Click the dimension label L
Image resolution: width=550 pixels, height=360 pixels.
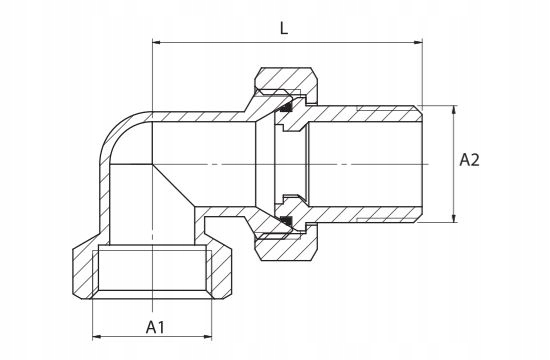coord(284,28)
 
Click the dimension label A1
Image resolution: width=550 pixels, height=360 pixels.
coord(155,327)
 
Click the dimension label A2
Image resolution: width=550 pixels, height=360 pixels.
coord(469,160)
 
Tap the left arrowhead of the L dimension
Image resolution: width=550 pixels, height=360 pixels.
coord(156,42)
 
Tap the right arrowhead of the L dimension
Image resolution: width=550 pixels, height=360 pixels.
coord(418,42)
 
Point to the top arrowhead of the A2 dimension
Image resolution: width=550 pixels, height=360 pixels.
coord(454,109)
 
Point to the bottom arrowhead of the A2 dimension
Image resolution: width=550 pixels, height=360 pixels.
coord(454,218)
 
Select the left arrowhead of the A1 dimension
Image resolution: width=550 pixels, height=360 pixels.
coord(96,337)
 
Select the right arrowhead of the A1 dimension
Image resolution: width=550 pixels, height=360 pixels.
coord(208,337)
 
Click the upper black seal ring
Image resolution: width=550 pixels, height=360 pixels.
coord(286,107)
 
